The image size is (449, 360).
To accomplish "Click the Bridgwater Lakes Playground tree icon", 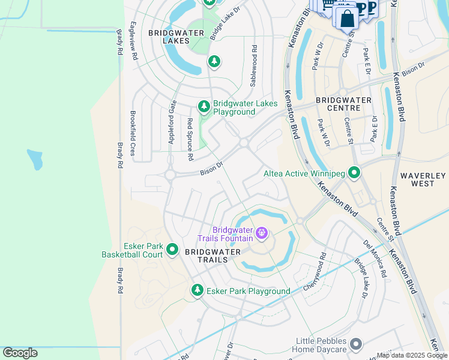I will [x=204, y=107].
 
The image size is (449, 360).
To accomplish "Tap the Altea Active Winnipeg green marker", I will [x=354, y=173].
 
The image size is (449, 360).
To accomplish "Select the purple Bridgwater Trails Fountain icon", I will [x=262, y=233].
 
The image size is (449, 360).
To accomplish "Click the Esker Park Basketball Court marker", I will [x=172, y=249].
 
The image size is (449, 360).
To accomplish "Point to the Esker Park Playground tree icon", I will [x=197, y=290].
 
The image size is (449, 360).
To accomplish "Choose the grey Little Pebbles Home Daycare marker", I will [x=356, y=344].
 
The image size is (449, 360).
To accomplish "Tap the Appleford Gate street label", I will [x=172, y=122].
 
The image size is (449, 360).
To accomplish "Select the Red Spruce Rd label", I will [x=190, y=139].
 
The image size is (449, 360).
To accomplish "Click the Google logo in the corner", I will [x=20, y=353].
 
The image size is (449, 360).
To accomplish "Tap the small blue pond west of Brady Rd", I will [x=35, y=159].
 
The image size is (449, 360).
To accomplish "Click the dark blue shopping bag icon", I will [x=347, y=19].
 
